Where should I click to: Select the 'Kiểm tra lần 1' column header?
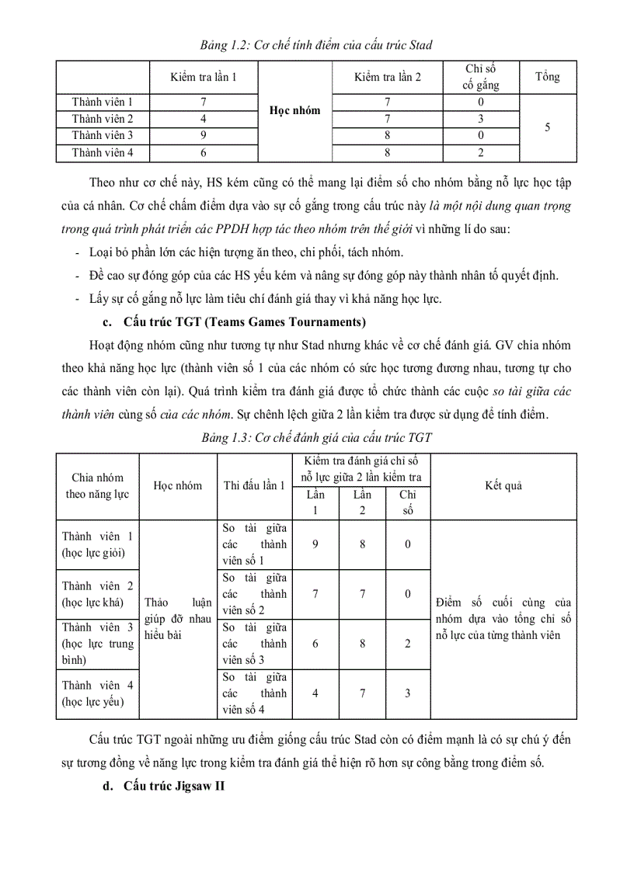coord(204,77)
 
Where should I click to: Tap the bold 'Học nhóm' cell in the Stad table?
coord(294,110)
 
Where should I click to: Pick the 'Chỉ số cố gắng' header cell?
coord(481,77)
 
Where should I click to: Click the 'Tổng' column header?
coord(547,77)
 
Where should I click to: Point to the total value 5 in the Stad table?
coord(547,127)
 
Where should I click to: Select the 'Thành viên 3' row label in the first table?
coord(103,136)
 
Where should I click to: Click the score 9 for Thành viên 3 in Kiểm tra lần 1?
coord(204,136)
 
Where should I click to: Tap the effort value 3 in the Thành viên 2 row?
coord(481,119)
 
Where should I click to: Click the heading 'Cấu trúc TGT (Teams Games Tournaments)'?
coord(245,321)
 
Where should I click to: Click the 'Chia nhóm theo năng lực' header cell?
coord(97,485)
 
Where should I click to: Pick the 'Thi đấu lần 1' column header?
coord(254,485)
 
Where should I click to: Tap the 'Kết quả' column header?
coord(503,485)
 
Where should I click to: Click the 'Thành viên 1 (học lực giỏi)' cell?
coord(97,544)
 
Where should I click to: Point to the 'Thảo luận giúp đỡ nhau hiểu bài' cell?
coord(177,619)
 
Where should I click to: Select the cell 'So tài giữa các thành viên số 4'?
coord(254,693)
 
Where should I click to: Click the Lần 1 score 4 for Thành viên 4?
coord(315,693)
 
